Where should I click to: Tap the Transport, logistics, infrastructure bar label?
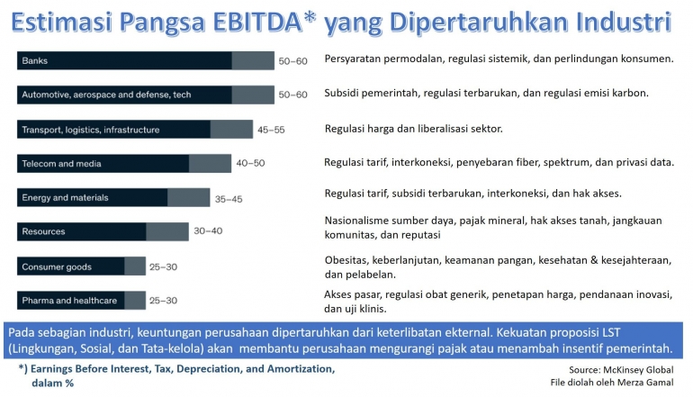click(x=90, y=130)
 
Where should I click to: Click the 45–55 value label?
click(x=271, y=130)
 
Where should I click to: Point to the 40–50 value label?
click(x=251, y=164)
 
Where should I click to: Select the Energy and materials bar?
click(x=113, y=198)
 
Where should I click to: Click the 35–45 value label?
click(x=228, y=198)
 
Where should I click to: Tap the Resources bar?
click(x=103, y=232)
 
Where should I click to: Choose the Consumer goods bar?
click(x=81, y=266)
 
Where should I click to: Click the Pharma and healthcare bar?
click(x=81, y=301)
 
